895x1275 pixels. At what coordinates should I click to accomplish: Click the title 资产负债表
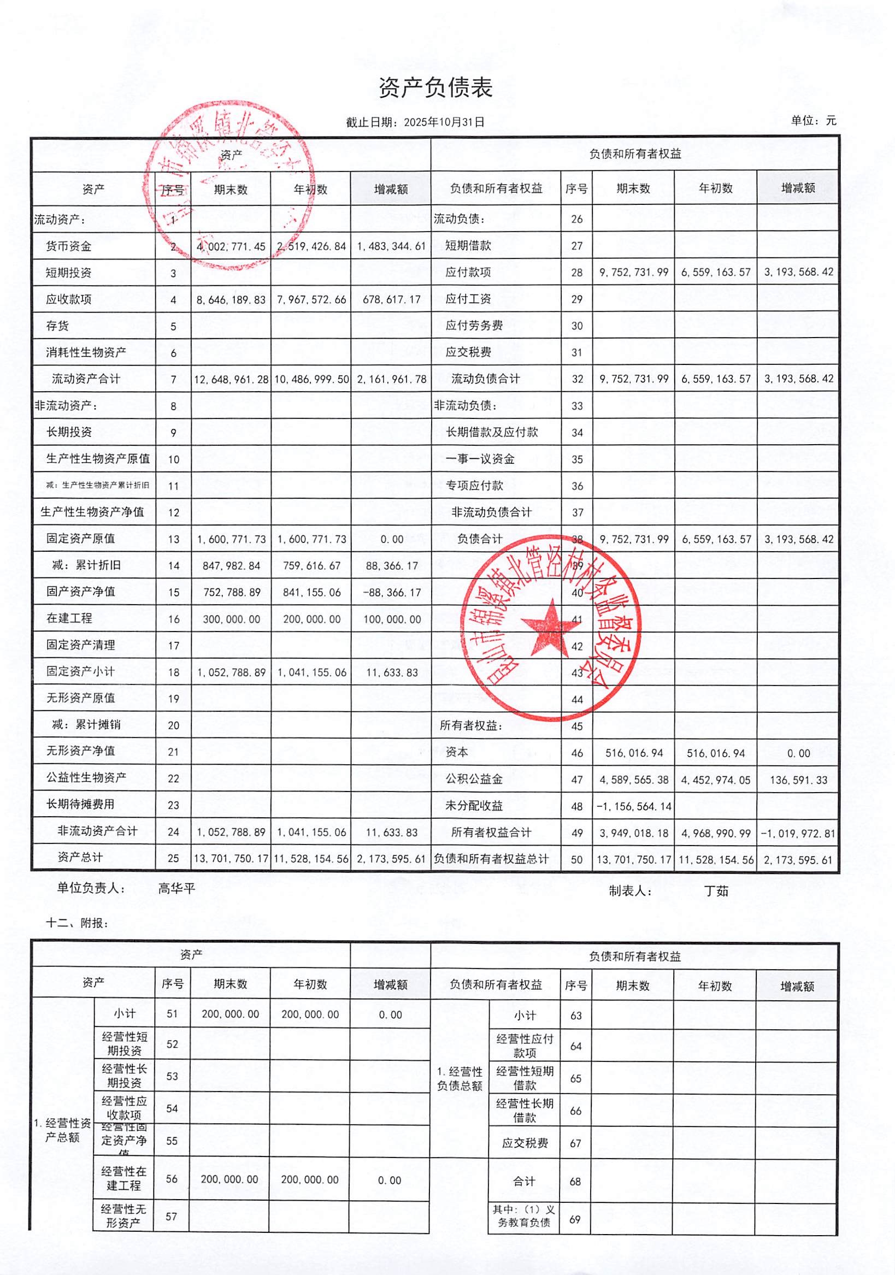(435, 88)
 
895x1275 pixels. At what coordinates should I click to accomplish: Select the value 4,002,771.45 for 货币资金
(231, 246)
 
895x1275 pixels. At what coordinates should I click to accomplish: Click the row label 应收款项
(69, 299)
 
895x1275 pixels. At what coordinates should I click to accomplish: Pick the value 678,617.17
(392, 299)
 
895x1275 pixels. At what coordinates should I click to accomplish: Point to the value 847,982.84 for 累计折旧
(231, 565)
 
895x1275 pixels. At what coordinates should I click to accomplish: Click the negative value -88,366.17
(392, 592)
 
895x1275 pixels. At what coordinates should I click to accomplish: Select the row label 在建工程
(69, 618)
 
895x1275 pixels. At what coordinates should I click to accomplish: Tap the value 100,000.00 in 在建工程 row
(392, 618)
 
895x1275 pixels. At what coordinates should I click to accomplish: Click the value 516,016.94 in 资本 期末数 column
(634, 753)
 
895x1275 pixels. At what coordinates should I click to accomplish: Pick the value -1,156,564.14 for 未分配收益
(634, 806)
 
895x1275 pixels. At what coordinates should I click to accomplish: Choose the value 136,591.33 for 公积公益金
(798, 780)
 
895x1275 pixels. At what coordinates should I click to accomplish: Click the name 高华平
(176, 888)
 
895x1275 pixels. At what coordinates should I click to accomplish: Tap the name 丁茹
(716, 892)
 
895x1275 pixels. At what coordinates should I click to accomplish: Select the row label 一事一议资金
(480, 459)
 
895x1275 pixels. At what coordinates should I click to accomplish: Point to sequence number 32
(577, 379)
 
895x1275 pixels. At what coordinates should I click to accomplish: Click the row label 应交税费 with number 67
(525, 1143)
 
